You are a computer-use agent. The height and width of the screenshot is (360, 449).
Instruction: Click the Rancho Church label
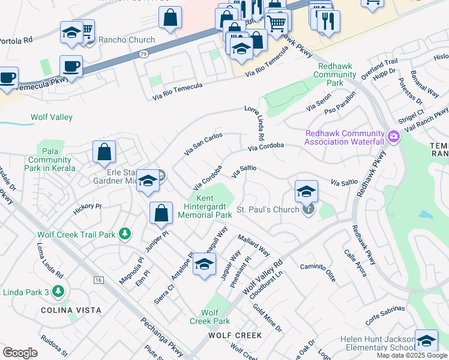[126, 40]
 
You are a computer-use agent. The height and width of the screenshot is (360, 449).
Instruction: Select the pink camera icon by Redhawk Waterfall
[394, 137]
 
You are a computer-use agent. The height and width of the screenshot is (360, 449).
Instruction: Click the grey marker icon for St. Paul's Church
[308, 209]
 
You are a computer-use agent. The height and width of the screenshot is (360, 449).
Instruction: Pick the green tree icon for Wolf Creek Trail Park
[124, 233]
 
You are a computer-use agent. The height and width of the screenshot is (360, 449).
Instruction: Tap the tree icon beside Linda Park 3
[58, 292]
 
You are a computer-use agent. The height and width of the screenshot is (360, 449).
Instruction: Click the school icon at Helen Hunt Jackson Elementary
[426, 340]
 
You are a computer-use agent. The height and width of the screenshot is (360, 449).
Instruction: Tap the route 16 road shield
[98, 280]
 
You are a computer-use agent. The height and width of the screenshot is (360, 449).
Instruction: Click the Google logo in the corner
[20, 353]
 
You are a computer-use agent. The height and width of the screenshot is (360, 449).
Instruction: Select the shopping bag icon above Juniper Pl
[161, 213]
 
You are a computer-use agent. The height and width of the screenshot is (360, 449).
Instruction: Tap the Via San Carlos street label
[203, 145]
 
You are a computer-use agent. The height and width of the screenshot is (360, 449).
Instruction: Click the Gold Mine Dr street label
[267, 318]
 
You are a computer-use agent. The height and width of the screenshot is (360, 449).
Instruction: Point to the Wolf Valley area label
[52, 117]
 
